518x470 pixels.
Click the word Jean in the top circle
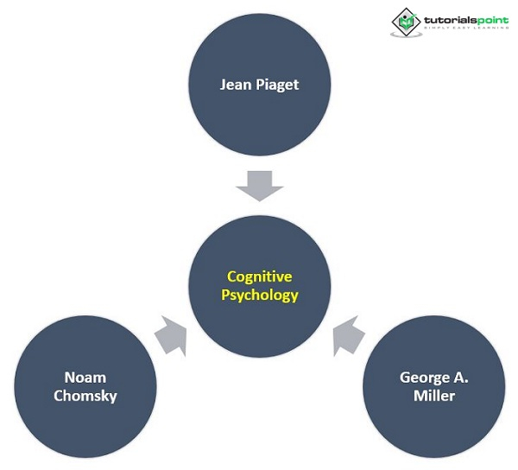click(235, 86)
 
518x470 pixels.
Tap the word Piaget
click(278, 86)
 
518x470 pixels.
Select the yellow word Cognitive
click(259, 276)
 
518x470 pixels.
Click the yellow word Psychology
click(259, 295)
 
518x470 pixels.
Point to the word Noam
click(85, 378)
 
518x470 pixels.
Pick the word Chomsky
click(85, 396)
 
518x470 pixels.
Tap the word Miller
click(433, 396)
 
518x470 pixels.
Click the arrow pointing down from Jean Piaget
click(259, 185)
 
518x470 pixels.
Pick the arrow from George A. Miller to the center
click(349, 335)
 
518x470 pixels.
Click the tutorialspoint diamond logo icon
click(403, 22)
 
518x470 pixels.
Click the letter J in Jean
click(224, 86)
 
